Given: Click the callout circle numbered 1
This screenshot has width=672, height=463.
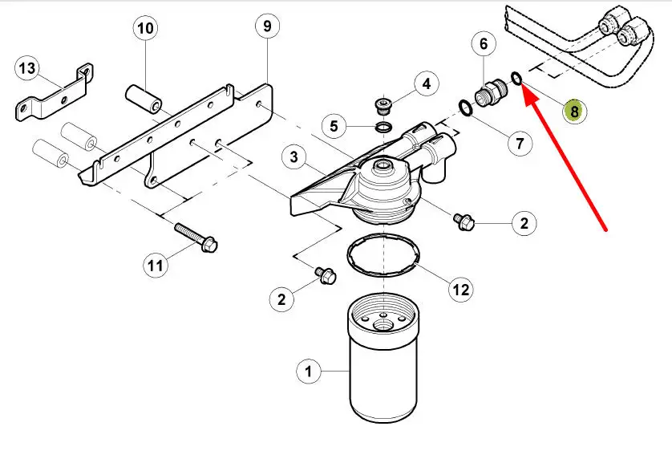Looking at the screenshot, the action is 309,372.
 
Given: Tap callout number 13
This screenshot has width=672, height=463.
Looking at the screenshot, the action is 27,69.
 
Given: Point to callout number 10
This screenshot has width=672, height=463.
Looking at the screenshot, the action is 145,30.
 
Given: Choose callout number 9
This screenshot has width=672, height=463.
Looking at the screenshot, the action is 267,26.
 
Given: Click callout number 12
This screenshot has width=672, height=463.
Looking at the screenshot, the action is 461,289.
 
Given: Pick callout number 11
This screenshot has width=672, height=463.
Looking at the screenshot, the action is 157,263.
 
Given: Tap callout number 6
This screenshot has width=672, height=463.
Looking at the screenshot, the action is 484,43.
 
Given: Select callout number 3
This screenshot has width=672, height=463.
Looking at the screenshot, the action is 294,157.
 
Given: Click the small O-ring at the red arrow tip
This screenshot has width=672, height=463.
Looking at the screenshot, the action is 516,79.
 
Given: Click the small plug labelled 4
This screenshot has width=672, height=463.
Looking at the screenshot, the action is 383,105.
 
